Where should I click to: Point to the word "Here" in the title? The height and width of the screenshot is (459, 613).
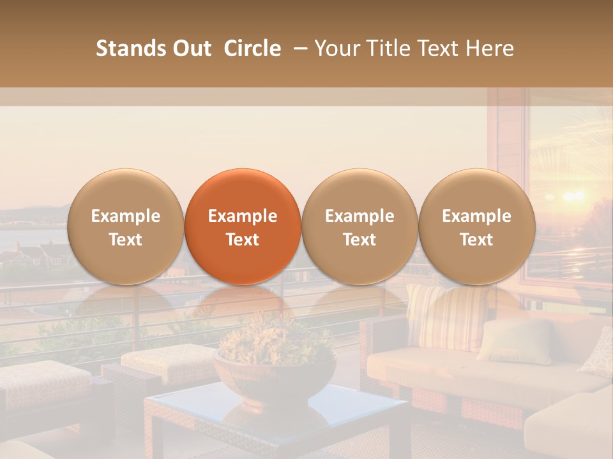click(x=491, y=48)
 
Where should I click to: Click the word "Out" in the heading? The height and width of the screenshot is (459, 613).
click(x=190, y=48)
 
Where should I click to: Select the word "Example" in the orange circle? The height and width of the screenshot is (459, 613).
click(x=243, y=216)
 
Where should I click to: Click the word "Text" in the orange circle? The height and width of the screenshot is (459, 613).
click(x=243, y=240)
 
